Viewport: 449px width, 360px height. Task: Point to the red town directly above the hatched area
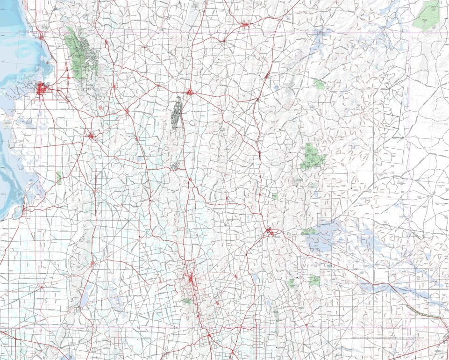[x=190, y=92]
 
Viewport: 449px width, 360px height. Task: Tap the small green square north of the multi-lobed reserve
[x=320, y=84]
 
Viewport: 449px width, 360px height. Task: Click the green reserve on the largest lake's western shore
[x=308, y=231]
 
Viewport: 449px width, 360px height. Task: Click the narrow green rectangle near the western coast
[x=59, y=177]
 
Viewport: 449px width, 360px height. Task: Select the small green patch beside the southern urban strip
[x=187, y=301]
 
